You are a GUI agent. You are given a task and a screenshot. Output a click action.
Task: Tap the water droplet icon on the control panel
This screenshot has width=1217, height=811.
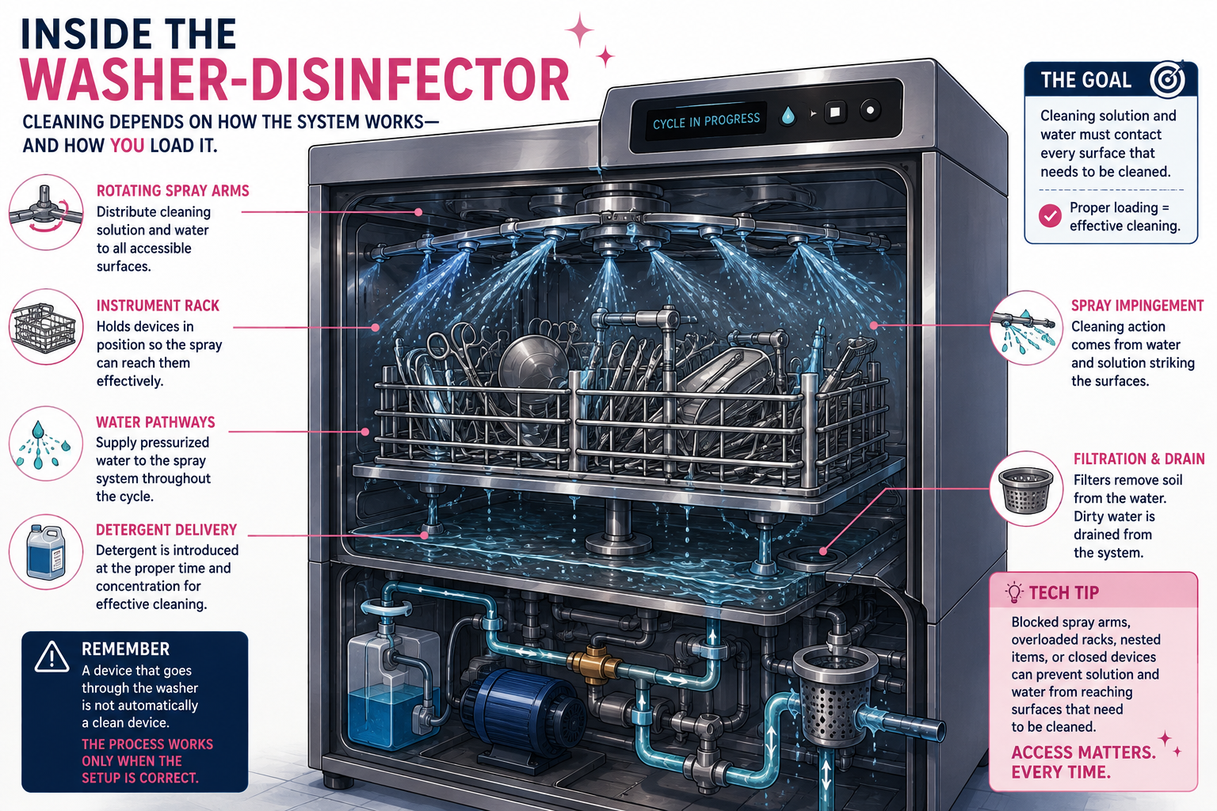pyautogui.click(x=788, y=116)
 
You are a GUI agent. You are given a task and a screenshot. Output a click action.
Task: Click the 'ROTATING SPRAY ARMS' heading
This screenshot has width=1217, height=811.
pyautogui.click(x=173, y=191)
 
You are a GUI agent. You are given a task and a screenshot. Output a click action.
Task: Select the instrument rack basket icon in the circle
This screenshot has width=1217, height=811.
pyautogui.click(x=46, y=327)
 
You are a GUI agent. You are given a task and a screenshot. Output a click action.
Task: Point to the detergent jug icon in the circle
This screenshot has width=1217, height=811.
pyautogui.click(x=46, y=551)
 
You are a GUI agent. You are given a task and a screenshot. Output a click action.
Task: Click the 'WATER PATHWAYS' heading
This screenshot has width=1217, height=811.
pyautogui.click(x=155, y=422)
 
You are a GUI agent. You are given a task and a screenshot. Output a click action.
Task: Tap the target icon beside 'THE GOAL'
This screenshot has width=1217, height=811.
pyautogui.click(x=1166, y=79)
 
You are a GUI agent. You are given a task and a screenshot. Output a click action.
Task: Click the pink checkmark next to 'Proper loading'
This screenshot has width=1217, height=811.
pyautogui.click(x=1050, y=215)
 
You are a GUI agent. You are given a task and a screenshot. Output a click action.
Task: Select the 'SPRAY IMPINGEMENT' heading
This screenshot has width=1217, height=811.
pyautogui.click(x=1137, y=306)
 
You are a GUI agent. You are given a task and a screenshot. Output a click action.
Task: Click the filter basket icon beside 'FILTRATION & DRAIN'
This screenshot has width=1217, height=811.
pyautogui.click(x=1025, y=489)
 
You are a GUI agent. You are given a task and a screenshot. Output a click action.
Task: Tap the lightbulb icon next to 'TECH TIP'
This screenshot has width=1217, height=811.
pyautogui.click(x=1014, y=592)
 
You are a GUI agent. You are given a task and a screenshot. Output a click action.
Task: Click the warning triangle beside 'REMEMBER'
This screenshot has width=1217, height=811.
pyautogui.click(x=52, y=657)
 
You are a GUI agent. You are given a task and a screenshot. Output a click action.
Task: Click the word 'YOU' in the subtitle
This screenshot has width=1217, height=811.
pyautogui.click(x=127, y=146)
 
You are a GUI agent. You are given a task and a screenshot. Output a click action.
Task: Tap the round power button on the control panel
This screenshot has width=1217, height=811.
pyautogui.click(x=870, y=110)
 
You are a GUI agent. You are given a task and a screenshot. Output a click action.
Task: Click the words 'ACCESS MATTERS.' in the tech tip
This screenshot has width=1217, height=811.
pyautogui.click(x=1083, y=752)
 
